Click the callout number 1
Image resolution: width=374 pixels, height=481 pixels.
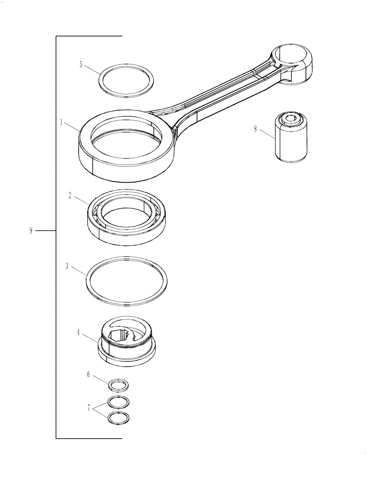click(62, 123)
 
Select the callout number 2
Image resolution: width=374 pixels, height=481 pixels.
click(70, 195)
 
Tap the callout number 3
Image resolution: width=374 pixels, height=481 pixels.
click(67, 266)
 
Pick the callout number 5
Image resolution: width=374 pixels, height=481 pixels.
click(81, 64)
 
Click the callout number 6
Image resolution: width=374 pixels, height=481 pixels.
click(88, 374)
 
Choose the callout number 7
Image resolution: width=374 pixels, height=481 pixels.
click(88, 407)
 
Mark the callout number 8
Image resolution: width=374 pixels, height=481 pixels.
click(255, 129)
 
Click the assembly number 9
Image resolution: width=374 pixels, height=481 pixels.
click(31, 231)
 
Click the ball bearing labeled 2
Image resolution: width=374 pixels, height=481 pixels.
click(96, 226)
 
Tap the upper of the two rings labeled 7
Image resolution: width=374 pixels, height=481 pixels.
click(119, 402)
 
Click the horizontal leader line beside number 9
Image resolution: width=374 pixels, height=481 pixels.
click(46, 231)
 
